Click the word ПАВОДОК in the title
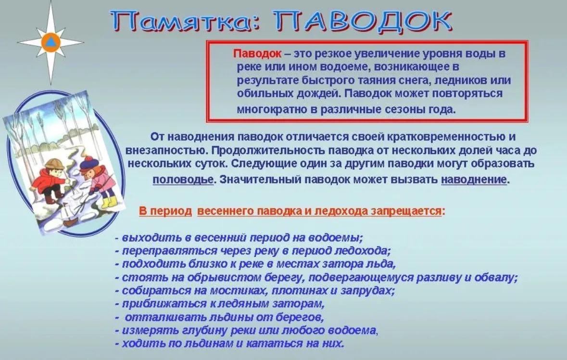point(363,21)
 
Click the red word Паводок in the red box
point(257,53)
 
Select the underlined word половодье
point(183,180)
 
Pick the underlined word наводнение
point(474,180)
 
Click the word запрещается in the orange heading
point(406,211)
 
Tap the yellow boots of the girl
point(108,201)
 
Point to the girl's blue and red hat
point(88,163)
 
